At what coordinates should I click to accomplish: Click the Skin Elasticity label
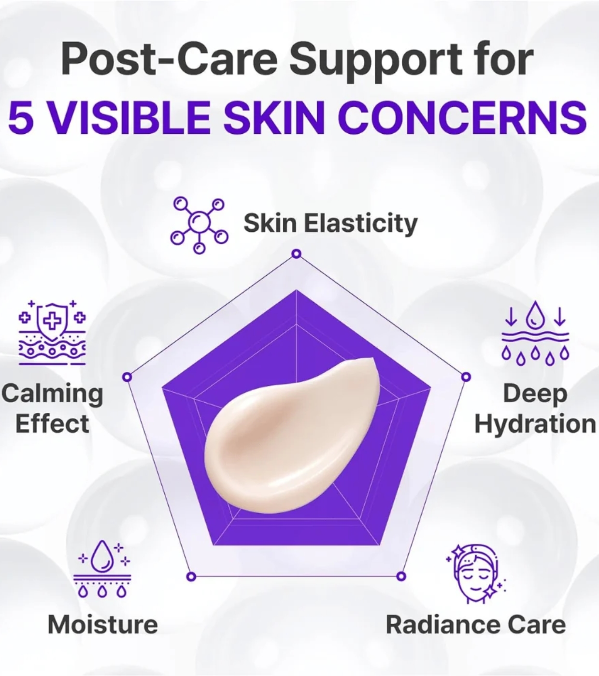(330, 223)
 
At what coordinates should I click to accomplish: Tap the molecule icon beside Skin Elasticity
(200, 225)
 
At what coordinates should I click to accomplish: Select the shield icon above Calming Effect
(52, 332)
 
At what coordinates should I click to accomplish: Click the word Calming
(52, 394)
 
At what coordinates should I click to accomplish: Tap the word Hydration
(535, 424)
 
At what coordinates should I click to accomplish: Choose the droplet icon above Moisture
(102, 568)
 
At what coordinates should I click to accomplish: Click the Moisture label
(103, 624)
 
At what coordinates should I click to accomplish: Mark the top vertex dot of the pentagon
(296, 254)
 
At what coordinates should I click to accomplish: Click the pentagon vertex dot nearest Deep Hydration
(466, 378)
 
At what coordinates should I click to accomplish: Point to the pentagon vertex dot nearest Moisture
(191, 577)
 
